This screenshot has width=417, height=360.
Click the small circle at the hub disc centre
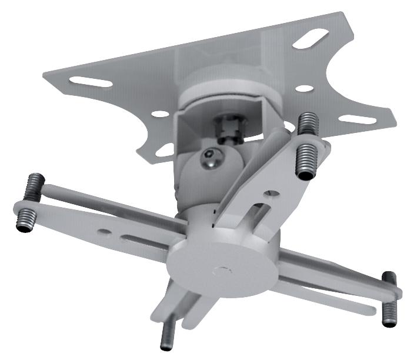(x=221, y=272)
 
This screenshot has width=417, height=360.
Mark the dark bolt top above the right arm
(x=389, y=278)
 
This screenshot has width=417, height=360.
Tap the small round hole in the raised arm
(x=269, y=191)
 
